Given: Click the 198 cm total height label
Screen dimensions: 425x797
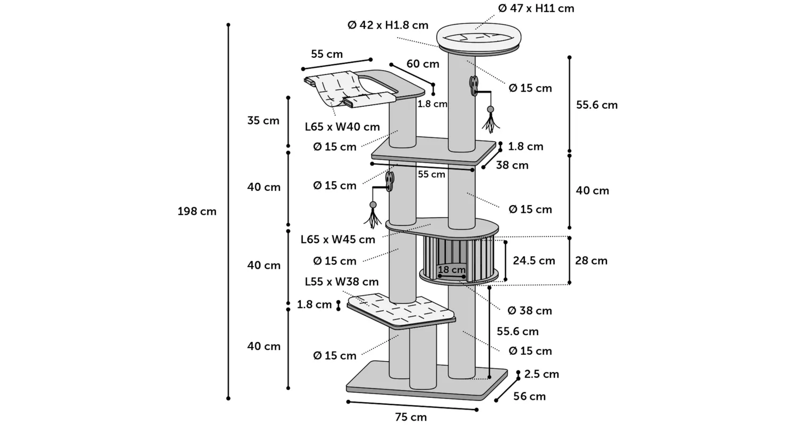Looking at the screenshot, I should pyautogui.click(x=197, y=211).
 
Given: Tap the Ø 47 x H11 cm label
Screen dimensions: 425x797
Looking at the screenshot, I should pyautogui.click(x=536, y=8).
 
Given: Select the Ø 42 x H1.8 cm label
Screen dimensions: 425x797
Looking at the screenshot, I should pyautogui.click(x=388, y=25).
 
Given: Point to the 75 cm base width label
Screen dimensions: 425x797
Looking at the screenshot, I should pyautogui.click(x=411, y=417).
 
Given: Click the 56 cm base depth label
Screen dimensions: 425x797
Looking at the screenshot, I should pyautogui.click(x=530, y=396).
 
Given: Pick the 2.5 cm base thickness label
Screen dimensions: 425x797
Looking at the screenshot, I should pyautogui.click(x=541, y=374).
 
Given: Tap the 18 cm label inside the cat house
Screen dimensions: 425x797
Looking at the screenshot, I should pyautogui.click(x=452, y=270).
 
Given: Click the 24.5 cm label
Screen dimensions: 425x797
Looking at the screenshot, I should pyautogui.click(x=533, y=260).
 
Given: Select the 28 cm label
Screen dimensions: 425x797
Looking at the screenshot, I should pyautogui.click(x=591, y=260).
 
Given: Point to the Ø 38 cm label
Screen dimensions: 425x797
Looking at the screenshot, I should pyautogui.click(x=530, y=310).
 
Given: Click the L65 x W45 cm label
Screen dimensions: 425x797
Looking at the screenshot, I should pyautogui.click(x=338, y=239).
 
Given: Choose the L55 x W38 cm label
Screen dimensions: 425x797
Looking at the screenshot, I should pyautogui.click(x=342, y=282).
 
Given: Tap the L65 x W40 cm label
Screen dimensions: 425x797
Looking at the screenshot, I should pyautogui.click(x=342, y=127).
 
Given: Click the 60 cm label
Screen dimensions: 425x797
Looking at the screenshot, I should pyautogui.click(x=423, y=64).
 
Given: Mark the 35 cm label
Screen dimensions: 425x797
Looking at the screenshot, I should pyautogui.click(x=264, y=121).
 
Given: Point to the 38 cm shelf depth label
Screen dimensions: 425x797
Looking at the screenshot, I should pyautogui.click(x=512, y=165).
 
